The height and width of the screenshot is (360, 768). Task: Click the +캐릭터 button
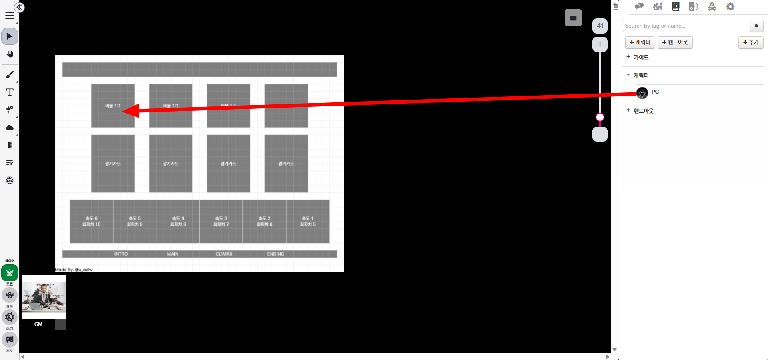pyautogui.click(x=640, y=42)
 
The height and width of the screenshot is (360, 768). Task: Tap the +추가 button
pyautogui.click(x=750, y=42)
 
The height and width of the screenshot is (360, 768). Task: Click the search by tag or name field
pyautogui.click(x=685, y=26)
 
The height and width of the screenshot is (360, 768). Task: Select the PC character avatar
pyautogui.click(x=642, y=93)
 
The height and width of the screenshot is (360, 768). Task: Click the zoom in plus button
pyautogui.click(x=600, y=44)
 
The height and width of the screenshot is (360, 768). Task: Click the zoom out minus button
pyautogui.click(x=600, y=134)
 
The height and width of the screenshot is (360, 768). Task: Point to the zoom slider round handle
pyautogui.click(x=600, y=117)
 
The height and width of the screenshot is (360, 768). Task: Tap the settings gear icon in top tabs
pyautogui.click(x=730, y=6)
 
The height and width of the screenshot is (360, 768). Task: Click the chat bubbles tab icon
pyautogui.click(x=639, y=6)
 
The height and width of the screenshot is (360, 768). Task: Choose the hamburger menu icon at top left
pyautogui.click(x=10, y=16)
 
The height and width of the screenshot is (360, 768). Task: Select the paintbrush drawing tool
pyautogui.click(x=10, y=75)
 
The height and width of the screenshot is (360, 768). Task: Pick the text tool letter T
pyautogui.click(x=10, y=92)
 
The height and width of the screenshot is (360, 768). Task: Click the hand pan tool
pyautogui.click(x=10, y=54)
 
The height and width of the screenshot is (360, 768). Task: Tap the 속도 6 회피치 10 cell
pyautogui.click(x=91, y=221)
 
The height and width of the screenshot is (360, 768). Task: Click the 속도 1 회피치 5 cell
pyautogui.click(x=308, y=221)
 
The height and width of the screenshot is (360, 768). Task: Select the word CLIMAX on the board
pyautogui.click(x=224, y=254)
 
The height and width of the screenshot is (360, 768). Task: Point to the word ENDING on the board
pyautogui.click(x=275, y=254)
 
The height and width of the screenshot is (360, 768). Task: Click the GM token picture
pyautogui.click(x=44, y=297)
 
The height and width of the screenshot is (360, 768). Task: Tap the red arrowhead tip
pyautogui.click(x=123, y=111)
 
